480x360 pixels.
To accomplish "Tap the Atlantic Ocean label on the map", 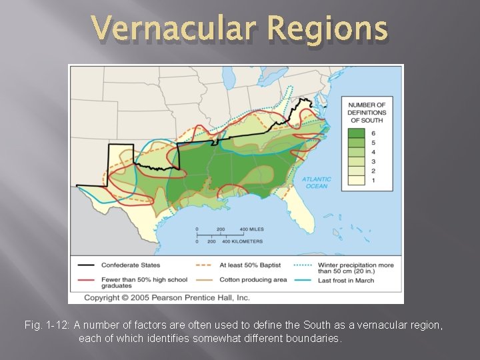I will tap(316, 182).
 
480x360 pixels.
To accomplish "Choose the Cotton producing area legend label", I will tap(253, 280).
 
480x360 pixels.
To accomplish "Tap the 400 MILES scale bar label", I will tap(252, 229).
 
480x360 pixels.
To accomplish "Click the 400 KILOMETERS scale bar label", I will tap(244, 241).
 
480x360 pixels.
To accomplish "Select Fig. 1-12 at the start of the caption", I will tap(46, 325).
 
